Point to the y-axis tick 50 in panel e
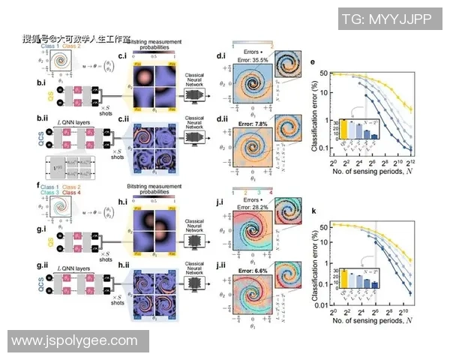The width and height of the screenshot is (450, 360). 323,73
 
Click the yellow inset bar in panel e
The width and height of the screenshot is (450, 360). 346,127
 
